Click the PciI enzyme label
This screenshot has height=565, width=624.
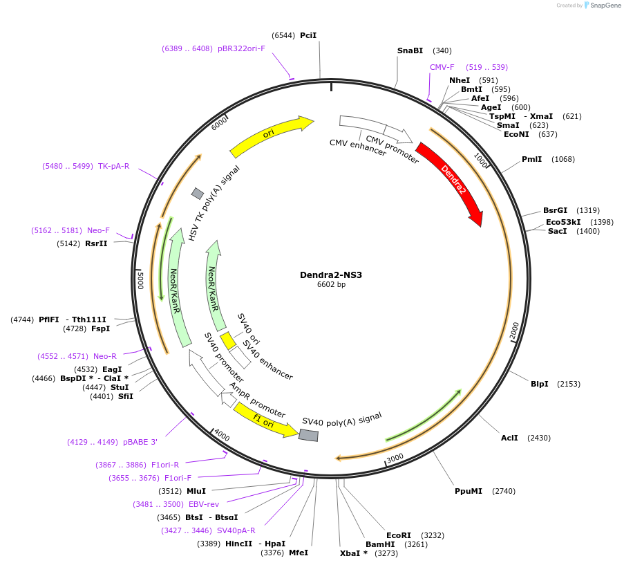click(x=308, y=35)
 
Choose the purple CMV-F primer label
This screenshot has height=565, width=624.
click(x=442, y=67)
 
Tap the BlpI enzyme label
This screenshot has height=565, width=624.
click(x=539, y=383)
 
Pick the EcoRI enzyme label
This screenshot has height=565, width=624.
click(x=399, y=535)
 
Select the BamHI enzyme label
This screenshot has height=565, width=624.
click(x=379, y=544)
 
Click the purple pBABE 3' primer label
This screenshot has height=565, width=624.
click(x=140, y=442)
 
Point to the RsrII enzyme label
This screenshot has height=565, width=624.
click(x=96, y=243)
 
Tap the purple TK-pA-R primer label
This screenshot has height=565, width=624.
click(x=113, y=166)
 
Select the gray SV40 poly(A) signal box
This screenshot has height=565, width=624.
click(x=308, y=435)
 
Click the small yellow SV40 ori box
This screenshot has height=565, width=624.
click(x=228, y=341)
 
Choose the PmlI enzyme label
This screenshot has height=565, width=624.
click(x=531, y=159)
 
